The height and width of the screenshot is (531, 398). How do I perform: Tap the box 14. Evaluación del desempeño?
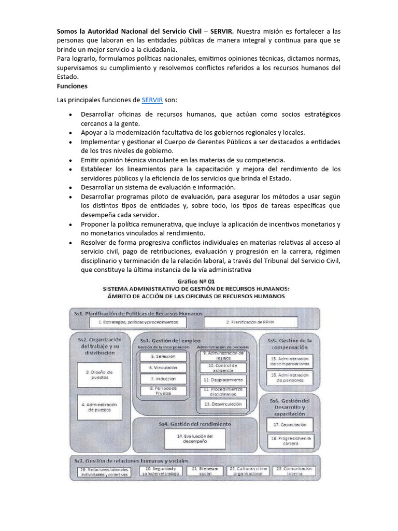pyautogui.click(x=195, y=439)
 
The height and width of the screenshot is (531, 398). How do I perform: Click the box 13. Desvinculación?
pyautogui.click(x=222, y=403)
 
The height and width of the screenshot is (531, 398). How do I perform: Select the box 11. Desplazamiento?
pyautogui.click(x=222, y=379)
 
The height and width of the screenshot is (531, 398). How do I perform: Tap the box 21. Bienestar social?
pyautogui.click(x=205, y=471)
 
